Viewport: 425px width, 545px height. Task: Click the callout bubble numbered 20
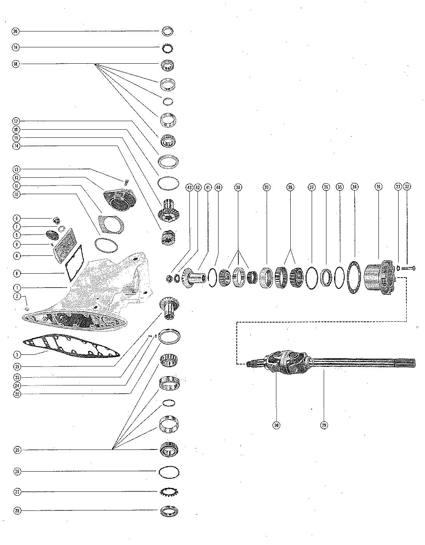16,31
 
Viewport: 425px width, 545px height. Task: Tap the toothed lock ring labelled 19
168,48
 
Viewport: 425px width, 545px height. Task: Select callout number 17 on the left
16,121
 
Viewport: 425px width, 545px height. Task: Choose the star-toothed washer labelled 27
169,492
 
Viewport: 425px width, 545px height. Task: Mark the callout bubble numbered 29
324,425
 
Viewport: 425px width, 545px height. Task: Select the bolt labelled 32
408,268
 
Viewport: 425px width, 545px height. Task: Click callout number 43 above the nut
189,187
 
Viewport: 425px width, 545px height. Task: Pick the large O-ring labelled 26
169,472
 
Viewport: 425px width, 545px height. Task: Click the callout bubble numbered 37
311,187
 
